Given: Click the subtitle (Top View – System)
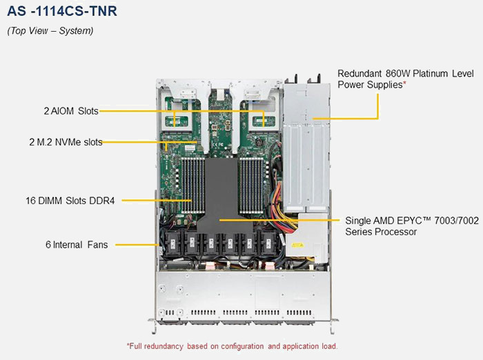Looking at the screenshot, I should [x=50, y=30].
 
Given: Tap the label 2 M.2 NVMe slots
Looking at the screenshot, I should [x=66, y=143].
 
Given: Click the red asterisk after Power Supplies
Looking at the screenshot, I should [x=404, y=84].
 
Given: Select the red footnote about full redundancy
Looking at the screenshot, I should [x=232, y=346].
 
